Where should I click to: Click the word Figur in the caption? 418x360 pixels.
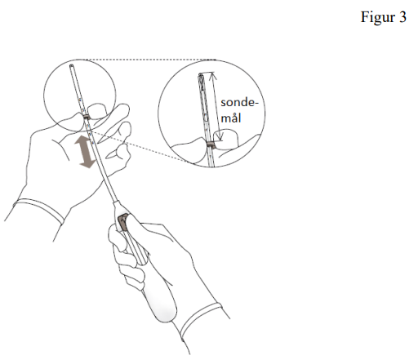(378, 17)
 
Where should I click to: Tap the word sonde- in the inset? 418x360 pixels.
(239, 103)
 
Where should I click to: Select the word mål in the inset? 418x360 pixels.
(231, 118)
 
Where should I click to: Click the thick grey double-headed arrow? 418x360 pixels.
(86, 152)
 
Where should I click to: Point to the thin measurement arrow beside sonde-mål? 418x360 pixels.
(217, 106)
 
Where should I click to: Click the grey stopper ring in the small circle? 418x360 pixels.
(87, 117)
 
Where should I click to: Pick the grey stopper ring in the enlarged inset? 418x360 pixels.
(211, 144)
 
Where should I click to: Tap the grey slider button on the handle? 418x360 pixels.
(122, 222)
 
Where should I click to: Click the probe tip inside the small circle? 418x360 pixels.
(71, 66)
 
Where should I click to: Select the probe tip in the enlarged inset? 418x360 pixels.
(200, 75)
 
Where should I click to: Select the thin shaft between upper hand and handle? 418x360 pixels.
(105, 174)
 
